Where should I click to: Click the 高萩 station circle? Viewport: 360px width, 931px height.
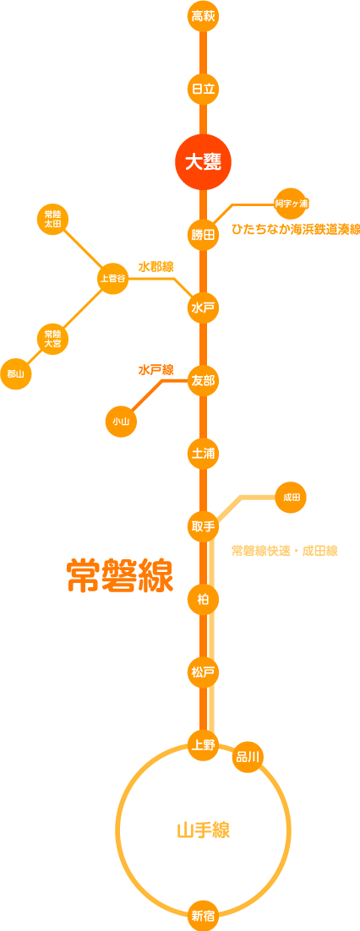click(203, 16)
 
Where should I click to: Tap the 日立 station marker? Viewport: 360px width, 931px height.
click(203, 89)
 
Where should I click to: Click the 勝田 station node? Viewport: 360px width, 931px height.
click(203, 235)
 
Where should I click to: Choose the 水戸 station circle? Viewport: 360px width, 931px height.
click(203, 308)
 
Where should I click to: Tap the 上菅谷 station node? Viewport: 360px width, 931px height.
click(113, 278)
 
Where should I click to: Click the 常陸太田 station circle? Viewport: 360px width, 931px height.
click(53, 219)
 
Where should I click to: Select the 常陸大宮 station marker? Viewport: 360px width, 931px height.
click(53, 338)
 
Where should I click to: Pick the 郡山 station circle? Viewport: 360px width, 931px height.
click(16, 374)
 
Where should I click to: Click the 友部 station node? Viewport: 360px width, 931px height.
click(203, 380)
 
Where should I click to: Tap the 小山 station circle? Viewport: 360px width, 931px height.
click(121, 421)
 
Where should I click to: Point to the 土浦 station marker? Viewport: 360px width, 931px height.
click(203, 454)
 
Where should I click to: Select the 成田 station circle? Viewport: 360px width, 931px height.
click(291, 497)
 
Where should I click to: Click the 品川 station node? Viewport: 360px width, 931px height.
click(248, 756)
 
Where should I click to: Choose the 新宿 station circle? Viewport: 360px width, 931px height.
click(203, 915)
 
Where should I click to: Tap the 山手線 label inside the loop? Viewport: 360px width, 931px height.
click(203, 830)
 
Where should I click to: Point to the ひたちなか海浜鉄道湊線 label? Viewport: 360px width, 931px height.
click(295, 229)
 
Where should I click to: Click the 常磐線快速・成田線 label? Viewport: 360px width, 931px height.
click(285, 551)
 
